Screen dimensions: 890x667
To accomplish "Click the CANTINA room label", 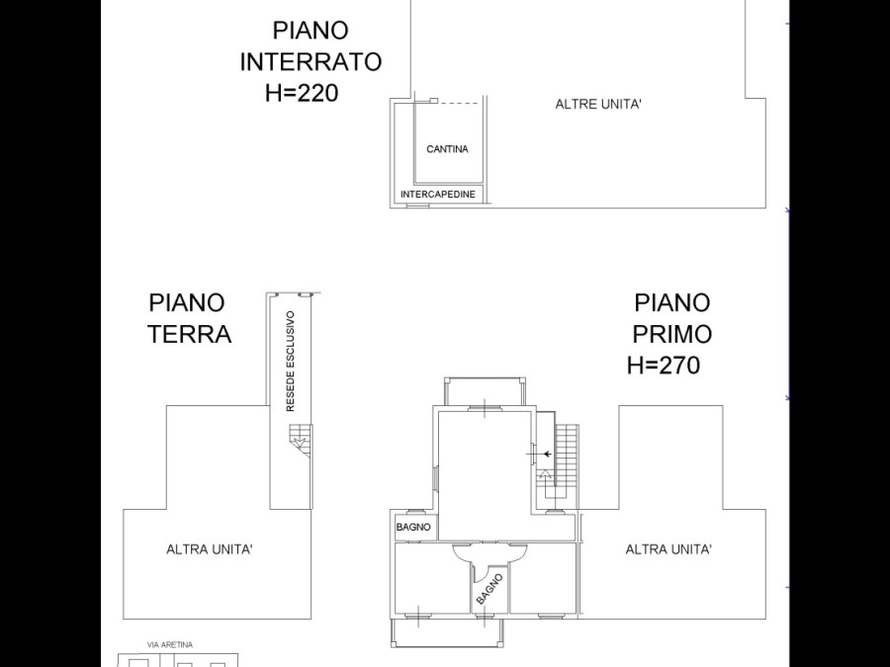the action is click(x=447, y=149).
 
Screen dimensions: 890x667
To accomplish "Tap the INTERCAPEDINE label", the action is click(x=438, y=195).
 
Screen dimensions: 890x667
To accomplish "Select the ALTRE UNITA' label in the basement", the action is click(x=598, y=105).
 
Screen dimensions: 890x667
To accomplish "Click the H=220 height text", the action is click(x=302, y=93).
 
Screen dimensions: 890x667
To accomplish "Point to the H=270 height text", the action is click(x=664, y=365).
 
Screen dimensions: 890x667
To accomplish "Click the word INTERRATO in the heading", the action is click(x=311, y=62).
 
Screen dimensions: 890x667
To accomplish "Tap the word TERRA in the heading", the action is click(x=190, y=334).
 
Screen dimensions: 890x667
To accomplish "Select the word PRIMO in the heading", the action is click(x=672, y=334).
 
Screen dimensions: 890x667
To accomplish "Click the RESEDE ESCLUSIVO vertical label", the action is click(x=291, y=362).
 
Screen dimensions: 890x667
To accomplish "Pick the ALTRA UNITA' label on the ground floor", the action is click(x=210, y=549).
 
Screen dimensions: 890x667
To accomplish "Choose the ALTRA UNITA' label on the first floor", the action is click(x=668, y=549).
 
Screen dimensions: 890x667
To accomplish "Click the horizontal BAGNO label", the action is click(x=413, y=527).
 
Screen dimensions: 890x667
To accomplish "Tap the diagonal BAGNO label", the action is click(x=489, y=589).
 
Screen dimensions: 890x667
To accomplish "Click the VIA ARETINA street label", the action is click(x=170, y=645).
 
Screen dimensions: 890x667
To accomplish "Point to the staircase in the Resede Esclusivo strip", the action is click(x=301, y=441).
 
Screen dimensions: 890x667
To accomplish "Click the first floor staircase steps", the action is click(x=566, y=461).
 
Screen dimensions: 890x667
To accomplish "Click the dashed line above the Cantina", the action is click(x=459, y=103).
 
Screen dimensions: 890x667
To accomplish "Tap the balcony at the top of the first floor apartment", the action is click(x=485, y=392).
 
